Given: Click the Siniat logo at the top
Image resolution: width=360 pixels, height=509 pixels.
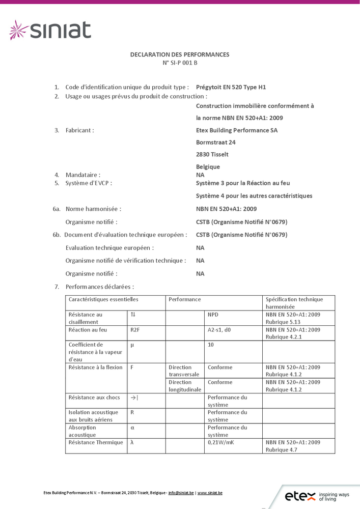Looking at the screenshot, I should (50, 30).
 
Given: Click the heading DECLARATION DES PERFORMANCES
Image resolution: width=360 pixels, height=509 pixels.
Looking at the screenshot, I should (180, 54).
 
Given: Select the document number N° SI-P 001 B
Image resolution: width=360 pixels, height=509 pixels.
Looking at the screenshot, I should (180, 63).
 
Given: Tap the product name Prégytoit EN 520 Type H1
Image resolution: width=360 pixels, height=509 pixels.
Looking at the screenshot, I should (231, 87).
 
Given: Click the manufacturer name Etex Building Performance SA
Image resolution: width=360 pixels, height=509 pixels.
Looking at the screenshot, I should (237, 130).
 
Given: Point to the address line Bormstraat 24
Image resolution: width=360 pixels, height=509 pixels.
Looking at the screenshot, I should (216, 143).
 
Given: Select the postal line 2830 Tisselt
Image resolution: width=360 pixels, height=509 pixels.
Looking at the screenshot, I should (212, 154).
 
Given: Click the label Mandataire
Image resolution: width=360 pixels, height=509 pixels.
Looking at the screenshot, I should (83, 175).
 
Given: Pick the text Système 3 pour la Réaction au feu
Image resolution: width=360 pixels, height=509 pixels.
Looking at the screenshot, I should (243, 183).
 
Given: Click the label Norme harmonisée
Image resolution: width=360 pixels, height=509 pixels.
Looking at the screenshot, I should (93, 209).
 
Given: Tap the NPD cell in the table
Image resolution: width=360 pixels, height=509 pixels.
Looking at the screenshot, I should (213, 315).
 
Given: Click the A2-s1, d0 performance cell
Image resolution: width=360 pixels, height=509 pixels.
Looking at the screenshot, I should (219, 330).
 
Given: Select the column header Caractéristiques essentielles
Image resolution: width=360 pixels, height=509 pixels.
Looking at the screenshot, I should (103, 299).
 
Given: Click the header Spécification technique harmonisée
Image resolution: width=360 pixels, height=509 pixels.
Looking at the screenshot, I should (294, 303).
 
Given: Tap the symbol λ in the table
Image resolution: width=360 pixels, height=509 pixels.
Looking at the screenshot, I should (132, 442).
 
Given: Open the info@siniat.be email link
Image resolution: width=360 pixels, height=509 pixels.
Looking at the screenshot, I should (181, 493).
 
